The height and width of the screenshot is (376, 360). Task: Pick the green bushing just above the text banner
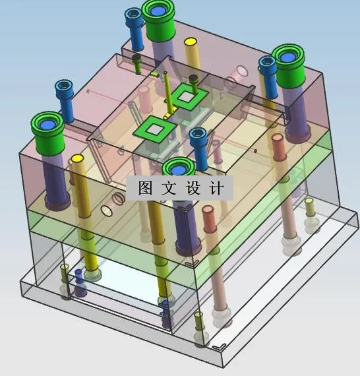[179, 170]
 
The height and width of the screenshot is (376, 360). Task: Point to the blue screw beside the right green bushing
[267, 63]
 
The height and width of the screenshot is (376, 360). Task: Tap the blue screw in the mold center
[198, 136]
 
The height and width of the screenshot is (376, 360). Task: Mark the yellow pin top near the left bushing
[77, 159]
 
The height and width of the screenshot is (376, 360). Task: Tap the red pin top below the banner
[209, 211]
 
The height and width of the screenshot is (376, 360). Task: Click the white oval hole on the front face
[107, 211]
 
